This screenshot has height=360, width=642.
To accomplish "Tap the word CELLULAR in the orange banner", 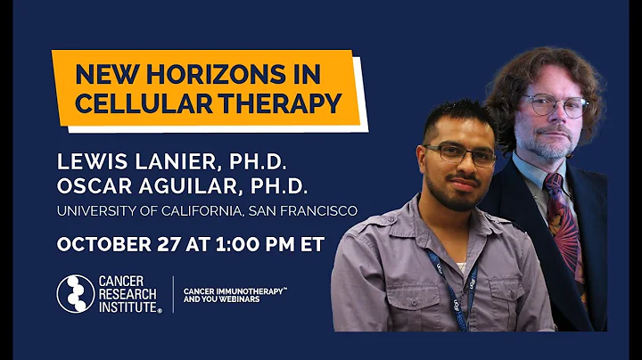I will click(134, 102).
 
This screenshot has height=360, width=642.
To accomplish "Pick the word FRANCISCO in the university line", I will click(318, 211).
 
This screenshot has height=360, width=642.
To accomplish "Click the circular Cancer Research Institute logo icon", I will click(75, 293).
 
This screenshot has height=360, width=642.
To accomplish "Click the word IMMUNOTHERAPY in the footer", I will click(243, 290).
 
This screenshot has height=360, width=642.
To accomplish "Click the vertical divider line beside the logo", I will click(172, 294).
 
